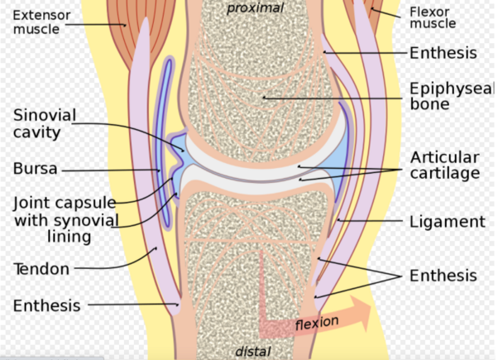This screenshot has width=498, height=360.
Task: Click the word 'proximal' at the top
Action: [255, 8]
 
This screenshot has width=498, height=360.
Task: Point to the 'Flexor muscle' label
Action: [433, 17]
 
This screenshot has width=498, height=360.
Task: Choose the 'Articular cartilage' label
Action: [445, 165]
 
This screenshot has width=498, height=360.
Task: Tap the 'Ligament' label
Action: [447, 222]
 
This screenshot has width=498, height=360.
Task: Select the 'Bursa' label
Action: [36, 170]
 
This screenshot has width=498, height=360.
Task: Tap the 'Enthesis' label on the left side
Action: [47, 305]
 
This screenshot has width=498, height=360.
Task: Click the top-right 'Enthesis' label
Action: [443, 53]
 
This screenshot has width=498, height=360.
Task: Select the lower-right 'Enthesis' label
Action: [443, 276]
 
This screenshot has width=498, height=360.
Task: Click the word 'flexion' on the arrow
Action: [317, 321]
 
